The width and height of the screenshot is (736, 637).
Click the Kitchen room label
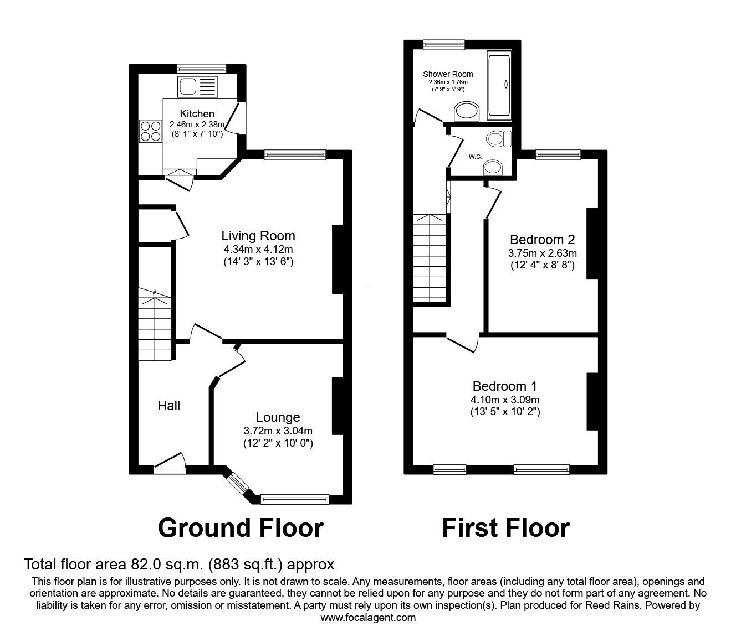click(x=197, y=113)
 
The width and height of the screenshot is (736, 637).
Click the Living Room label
click(x=258, y=236)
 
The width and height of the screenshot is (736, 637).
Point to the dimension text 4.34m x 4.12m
click(x=258, y=249)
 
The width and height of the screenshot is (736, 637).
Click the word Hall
click(x=168, y=406)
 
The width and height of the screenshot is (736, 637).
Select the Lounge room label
click(x=278, y=417)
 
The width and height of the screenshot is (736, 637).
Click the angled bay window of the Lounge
click(x=239, y=483)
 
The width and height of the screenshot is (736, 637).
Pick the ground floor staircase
click(x=154, y=327)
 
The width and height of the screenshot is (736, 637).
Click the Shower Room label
click(x=448, y=74)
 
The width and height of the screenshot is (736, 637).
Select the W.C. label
click(x=475, y=157)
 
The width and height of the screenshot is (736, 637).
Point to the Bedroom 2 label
click(x=542, y=240)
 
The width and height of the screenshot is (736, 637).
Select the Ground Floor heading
click(x=241, y=527)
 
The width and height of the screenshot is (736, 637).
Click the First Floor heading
click(x=505, y=527)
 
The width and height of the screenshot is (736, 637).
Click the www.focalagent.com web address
click(x=368, y=617)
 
